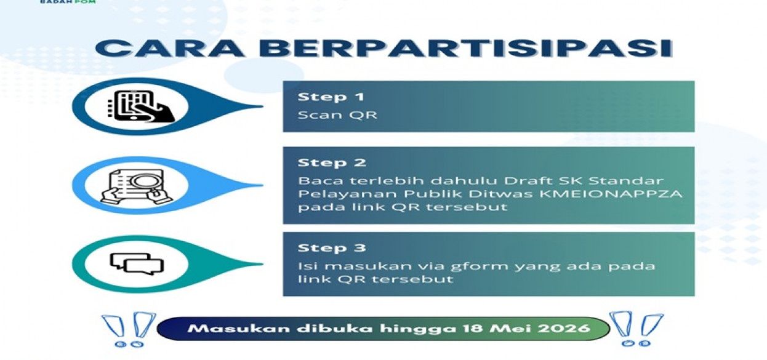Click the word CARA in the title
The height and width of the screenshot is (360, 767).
(x=169, y=48)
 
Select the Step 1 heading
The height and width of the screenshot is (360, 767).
(x=331, y=97)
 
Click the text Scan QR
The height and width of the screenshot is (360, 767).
(x=337, y=115)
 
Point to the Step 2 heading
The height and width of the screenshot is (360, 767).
(x=332, y=162)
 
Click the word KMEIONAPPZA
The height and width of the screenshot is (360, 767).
(x=611, y=194)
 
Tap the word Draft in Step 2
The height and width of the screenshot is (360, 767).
(x=528, y=180)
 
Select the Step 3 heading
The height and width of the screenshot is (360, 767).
(x=332, y=248)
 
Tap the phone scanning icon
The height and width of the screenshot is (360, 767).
(x=141, y=106)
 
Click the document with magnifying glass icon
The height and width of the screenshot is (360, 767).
(x=136, y=186)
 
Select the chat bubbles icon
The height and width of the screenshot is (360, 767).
(x=137, y=264)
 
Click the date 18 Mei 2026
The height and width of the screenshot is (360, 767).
(x=526, y=329)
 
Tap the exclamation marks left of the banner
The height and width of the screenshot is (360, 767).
(x=129, y=330)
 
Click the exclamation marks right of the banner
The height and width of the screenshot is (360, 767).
(x=636, y=329)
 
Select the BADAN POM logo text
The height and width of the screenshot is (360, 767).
(x=68, y=1)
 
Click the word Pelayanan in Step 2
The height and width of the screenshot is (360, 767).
(x=348, y=194)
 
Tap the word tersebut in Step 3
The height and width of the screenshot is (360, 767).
(x=412, y=279)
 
